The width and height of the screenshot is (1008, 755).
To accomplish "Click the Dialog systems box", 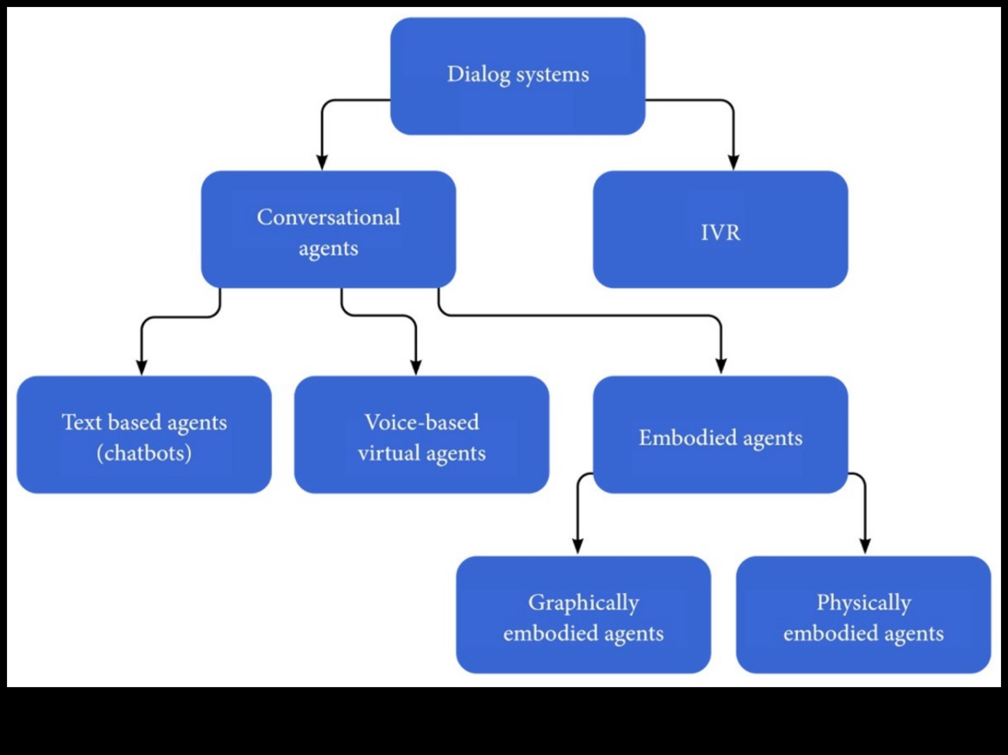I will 518,76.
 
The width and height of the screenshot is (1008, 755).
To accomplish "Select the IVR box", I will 720,229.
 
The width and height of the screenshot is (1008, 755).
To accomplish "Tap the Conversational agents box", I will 328,229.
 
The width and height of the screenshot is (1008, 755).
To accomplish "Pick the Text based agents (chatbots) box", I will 144,434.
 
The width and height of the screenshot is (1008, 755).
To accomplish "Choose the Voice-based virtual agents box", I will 421,434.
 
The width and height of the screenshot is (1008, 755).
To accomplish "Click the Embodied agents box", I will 720,434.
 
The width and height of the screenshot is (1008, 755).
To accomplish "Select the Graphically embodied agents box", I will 583,614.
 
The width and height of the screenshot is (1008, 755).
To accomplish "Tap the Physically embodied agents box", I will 863,614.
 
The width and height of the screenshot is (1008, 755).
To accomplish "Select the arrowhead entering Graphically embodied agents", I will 577,546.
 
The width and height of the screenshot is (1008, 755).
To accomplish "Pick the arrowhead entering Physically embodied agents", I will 865,546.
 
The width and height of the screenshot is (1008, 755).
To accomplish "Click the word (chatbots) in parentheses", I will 144,453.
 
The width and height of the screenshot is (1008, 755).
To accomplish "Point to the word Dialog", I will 478,74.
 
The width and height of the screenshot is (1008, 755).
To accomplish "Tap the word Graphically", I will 583,603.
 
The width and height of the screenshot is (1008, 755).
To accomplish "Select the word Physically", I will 863,603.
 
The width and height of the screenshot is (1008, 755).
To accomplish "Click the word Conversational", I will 328,217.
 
